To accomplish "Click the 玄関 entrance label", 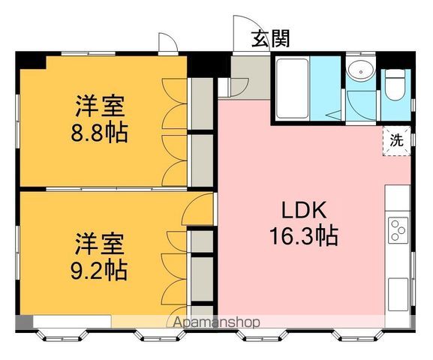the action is (x=270, y=39).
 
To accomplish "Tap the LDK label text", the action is (x=304, y=210).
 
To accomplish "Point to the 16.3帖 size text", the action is (x=304, y=236).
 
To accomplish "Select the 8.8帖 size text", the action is (x=99, y=133).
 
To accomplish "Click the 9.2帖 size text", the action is (x=99, y=270).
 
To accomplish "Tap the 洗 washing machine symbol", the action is (x=396, y=141).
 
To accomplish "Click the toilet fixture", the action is (x=395, y=84).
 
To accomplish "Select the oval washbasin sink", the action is (x=361, y=70).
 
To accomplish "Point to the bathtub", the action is (x=293, y=88).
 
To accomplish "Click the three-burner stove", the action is (x=398, y=230).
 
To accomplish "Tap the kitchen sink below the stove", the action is (x=398, y=294).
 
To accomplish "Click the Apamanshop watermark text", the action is (x=216, y=322).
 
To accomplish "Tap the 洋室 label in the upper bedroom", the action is (x=100, y=106).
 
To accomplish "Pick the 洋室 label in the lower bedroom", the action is (x=99, y=244).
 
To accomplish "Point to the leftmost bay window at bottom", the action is (x=62, y=335).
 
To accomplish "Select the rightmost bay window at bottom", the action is (x=358, y=335).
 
